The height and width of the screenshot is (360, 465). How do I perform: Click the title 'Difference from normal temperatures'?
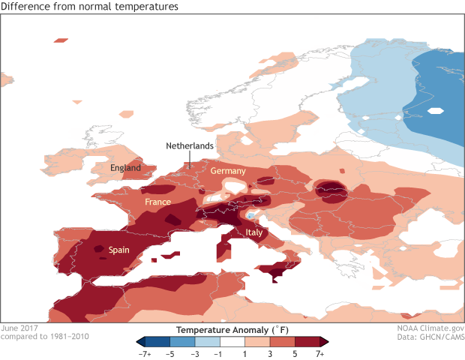coord(90,7)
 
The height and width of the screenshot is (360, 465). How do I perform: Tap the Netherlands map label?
coord(190,145)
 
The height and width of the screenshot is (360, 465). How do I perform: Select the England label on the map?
coord(125,168)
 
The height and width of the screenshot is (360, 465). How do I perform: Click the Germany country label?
coord(227,171)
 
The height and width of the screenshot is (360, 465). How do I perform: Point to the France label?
coord(158,202)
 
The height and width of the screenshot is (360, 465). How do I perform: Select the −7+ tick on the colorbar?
coord(144,352)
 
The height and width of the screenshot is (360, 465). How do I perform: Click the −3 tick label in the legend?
coord(195,352)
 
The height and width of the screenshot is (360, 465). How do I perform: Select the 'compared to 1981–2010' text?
coord(45,337)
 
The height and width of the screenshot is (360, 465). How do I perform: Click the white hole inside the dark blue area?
coord(434,111)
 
